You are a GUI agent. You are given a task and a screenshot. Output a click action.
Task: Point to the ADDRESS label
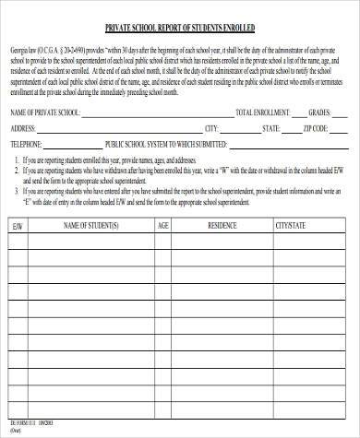pos(24,127)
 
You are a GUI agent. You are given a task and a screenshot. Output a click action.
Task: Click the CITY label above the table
pos(211,127)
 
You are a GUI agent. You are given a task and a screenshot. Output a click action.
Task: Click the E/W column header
pos(18,224)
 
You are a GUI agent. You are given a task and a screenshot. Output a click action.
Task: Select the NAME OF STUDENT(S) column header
pos(90,224)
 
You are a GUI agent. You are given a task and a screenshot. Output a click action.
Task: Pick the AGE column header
pos(163,224)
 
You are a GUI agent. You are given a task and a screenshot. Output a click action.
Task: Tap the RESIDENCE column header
pos(222,224)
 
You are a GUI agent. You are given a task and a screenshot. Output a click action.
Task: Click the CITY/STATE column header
pos(291,224)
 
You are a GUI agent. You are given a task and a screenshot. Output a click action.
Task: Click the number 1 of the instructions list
pos(17,159)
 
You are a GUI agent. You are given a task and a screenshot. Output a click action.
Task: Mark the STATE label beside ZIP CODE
pos(270,127)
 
